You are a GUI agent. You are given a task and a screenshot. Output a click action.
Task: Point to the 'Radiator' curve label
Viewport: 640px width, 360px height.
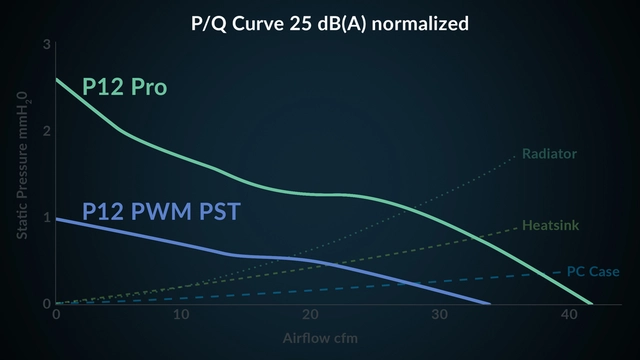pyautogui.click(x=549, y=154)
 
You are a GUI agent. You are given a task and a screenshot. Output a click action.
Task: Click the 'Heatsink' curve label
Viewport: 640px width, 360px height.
pyautogui.click(x=550, y=226)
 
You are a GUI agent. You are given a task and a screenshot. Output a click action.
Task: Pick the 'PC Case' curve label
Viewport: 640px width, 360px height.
pyautogui.click(x=593, y=271)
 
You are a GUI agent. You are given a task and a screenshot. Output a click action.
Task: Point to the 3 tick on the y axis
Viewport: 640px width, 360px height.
pyautogui.click(x=46, y=45)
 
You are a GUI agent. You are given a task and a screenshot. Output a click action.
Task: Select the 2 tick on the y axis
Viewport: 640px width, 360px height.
pyautogui.click(x=46, y=131)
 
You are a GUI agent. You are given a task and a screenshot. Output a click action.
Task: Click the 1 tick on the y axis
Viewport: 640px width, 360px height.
pyautogui.click(x=46, y=217)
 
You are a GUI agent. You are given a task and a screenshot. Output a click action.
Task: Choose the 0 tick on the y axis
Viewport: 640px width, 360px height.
pyautogui.click(x=46, y=303)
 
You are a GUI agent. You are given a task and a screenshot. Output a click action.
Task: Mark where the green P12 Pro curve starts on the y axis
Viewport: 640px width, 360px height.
pyautogui.click(x=56, y=79)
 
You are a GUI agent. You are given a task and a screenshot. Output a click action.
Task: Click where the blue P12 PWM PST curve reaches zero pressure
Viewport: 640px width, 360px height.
pyautogui.click(x=490, y=303)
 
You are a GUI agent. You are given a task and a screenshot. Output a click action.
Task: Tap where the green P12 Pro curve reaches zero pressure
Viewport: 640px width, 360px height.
pyautogui.click(x=592, y=303)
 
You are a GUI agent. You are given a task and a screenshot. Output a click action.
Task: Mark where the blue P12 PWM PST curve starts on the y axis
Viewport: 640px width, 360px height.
pyautogui.click(x=56, y=218)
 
